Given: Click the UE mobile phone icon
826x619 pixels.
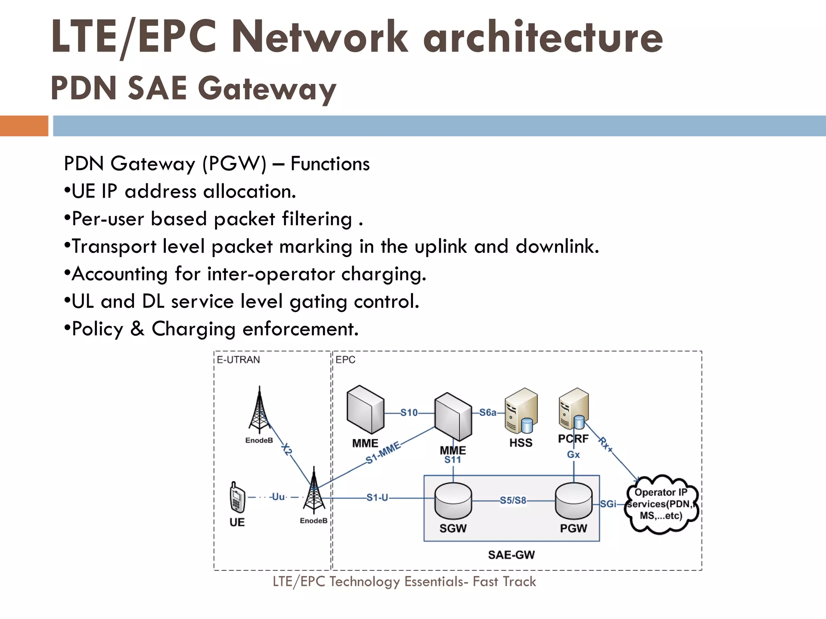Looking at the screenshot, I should pyautogui.click(x=237, y=497).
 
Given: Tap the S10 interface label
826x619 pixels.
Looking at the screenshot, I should pyautogui.click(x=409, y=413).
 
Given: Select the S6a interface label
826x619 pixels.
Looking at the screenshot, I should pyautogui.click(x=488, y=412).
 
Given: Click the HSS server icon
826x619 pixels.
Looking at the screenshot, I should pyautogui.click(x=521, y=411).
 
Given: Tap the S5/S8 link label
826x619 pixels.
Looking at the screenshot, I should pyautogui.click(x=513, y=501).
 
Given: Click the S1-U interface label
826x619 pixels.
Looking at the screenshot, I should pyautogui.click(x=377, y=498).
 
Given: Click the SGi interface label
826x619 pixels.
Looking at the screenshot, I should pyautogui.click(x=608, y=504).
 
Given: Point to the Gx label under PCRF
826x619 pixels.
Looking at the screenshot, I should pyautogui.click(x=573, y=455).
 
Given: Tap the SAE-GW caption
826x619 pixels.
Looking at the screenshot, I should pyautogui.click(x=511, y=555).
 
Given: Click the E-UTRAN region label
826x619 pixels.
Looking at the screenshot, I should pyautogui.click(x=238, y=360).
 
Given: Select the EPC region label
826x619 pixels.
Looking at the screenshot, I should pyautogui.click(x=345, y=360).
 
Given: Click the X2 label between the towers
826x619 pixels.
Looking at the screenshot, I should pyautogui.click(x=287, y=449).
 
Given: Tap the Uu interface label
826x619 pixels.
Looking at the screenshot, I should pyautogui.click(x=278, y=497).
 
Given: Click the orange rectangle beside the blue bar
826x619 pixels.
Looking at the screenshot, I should pyautogui.click(x=24, y=126).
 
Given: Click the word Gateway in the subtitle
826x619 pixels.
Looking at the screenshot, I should pyautogui.click(x=267, y=89).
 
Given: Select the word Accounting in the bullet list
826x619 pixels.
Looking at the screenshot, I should pyautogui.click(x=119, y=274).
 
